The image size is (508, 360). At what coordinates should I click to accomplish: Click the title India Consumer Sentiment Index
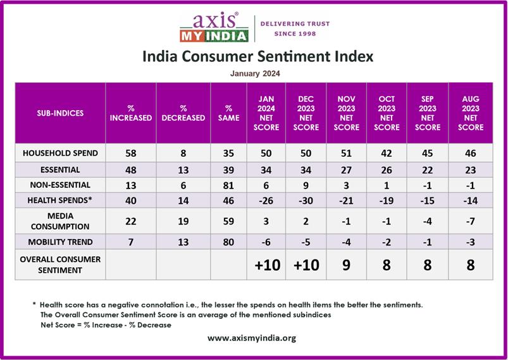coord(257,56)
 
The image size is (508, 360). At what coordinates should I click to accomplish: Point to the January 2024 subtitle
coord(255,73)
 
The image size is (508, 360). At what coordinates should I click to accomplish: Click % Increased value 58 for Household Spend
coord(130,153)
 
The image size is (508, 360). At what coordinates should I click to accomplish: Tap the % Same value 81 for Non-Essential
coord(228,185)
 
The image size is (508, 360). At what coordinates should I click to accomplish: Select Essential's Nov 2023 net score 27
coord(346,170)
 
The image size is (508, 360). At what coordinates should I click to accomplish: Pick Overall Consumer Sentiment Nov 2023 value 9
coord(346,264)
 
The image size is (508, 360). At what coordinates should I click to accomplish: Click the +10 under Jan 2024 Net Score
coord(266,264)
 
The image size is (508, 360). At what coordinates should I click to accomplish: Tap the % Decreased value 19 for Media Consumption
coord(183,221)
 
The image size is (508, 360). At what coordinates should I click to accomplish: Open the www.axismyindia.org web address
coord(252,338)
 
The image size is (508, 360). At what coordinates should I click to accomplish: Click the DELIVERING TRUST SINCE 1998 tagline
coord(296,28)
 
